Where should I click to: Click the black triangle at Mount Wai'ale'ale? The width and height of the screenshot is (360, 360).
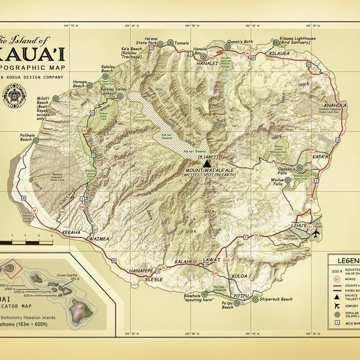click(x=207, y=163)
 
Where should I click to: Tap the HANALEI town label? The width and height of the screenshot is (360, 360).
click(x=205, y=62)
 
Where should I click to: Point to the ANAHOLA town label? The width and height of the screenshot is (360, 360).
click(x=334, y=104)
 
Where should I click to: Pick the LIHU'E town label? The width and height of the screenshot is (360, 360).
click(x=299, y=224)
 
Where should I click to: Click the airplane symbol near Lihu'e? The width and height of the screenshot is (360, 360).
click(x=316, y=233)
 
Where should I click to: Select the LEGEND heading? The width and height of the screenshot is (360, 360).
click(x=344, y=261)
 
